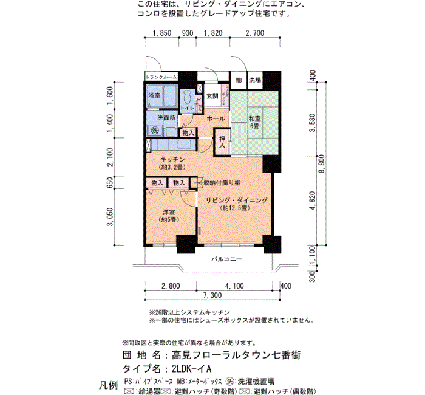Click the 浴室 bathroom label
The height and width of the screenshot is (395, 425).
[154, 96]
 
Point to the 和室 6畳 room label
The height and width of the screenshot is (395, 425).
[254, 121]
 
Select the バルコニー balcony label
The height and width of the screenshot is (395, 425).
[226, 259]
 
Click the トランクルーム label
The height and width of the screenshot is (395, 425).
[161, 77]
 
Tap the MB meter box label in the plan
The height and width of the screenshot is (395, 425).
[239, 80]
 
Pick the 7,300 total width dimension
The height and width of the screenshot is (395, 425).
[211, 295]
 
